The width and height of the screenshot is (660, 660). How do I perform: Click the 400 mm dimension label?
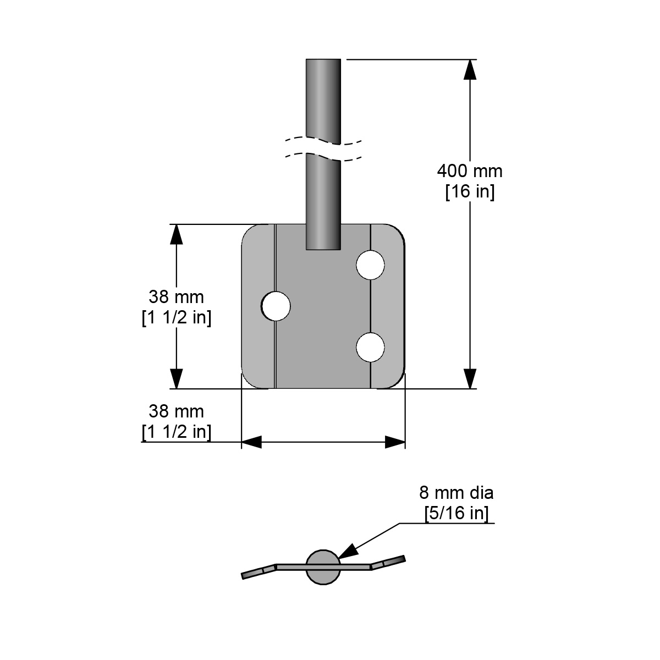[470, 171]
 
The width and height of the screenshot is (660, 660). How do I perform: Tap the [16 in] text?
[470, 192]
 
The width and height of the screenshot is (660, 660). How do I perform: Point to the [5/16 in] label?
[456, 513]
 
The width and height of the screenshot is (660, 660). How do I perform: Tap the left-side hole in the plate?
[276, 305]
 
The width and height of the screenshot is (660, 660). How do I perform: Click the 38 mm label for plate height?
[176, 298]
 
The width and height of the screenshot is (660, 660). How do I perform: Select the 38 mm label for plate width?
[176, 411]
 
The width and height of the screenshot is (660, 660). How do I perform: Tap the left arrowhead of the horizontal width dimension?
[251, 442]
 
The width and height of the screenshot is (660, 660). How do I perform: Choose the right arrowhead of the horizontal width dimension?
[395, 442]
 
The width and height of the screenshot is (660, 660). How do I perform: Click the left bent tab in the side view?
[258, 571]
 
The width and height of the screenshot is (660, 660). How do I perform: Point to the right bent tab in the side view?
[388, 562]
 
